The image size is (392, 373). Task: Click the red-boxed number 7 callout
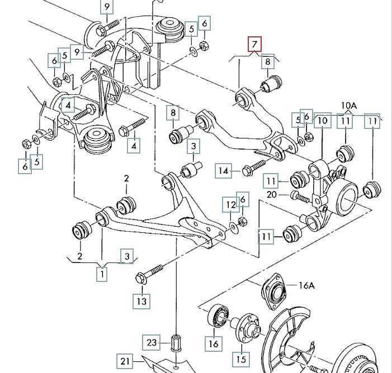tap(255, 44)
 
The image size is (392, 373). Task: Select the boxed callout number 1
tap(102, 274)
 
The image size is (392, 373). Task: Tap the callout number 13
tap(141, 302)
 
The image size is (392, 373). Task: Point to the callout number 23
tap(153, 341)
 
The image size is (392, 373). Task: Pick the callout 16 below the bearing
tap(213, 343)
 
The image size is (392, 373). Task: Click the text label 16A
tap(307, 285)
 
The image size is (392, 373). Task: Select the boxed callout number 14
tap(224, 171)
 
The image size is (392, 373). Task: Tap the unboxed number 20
tap(272, 194)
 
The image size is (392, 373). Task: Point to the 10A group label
tap(348, 105)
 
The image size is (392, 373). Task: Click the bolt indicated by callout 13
tap(149, 272)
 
